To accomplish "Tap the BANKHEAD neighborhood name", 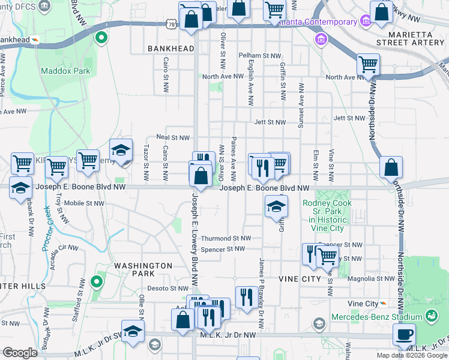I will [171, 49].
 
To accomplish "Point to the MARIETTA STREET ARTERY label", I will [410, 37].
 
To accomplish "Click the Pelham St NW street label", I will [257, 55].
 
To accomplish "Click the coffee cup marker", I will [404, 334].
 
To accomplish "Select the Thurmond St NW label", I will [225, 238].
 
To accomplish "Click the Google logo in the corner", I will [20, 353].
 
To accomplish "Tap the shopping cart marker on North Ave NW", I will [367, 64].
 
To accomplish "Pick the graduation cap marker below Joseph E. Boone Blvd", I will [276, 207].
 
